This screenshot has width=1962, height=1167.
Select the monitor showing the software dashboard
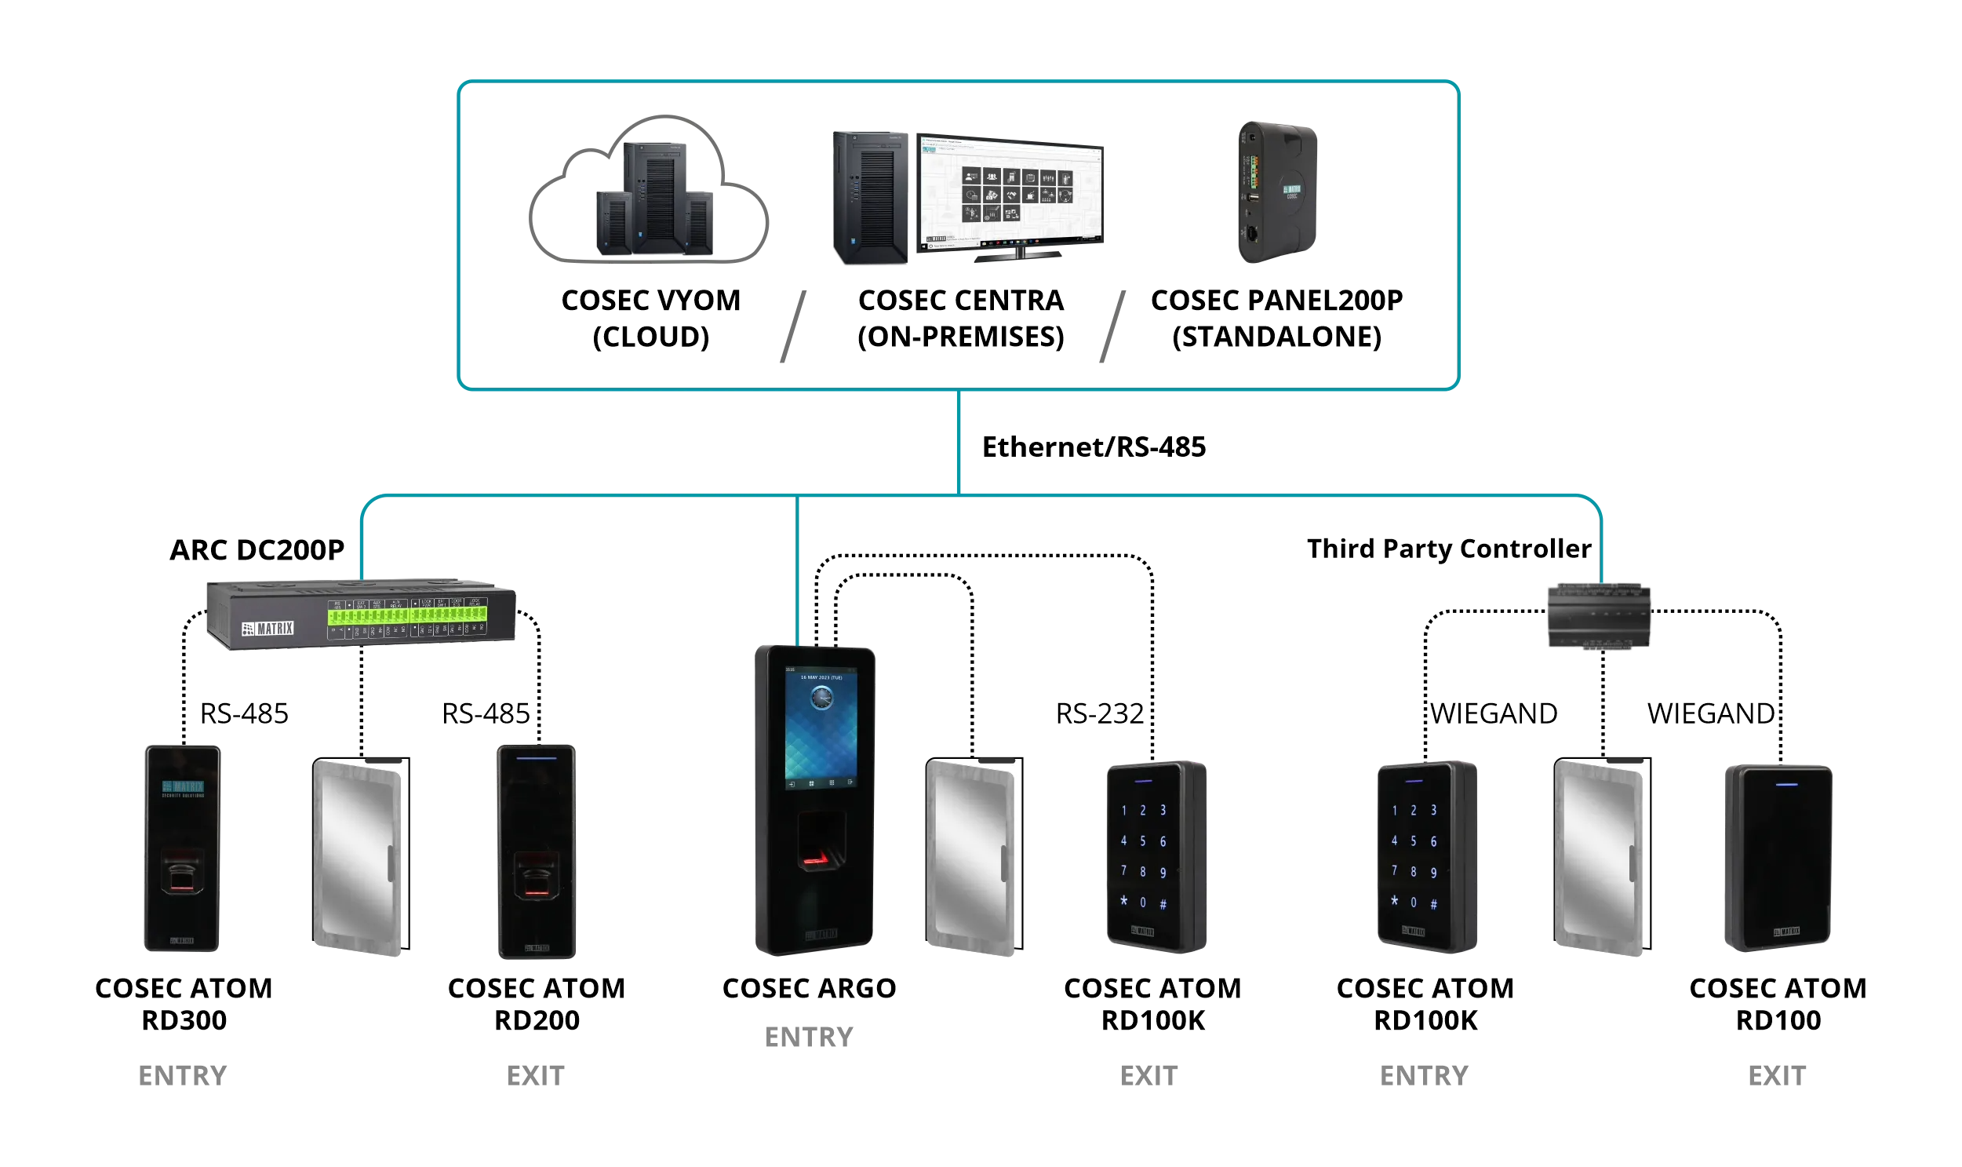coord(1010,192)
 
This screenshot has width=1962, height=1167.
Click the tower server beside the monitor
coord(870,199)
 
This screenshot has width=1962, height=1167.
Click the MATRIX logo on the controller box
coord(268,629)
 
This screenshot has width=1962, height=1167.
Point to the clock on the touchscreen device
coord(821,697)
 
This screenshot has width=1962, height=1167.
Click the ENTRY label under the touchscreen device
coord(809,1038)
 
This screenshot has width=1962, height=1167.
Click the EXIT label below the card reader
coord(1777,1076)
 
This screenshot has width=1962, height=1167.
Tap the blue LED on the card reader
coord(1787,784)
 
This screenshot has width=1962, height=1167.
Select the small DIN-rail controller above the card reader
coord(1599,616)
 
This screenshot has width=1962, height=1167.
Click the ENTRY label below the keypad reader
coord(1424,1076)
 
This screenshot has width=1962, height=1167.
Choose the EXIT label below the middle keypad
coord(1148,1076)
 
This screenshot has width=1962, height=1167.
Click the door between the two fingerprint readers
coord(360,857)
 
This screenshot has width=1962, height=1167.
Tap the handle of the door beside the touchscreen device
coord(1004,863)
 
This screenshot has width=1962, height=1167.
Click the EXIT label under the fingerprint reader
coord(535,1076)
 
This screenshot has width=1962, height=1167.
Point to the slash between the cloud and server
coord(793,326)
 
